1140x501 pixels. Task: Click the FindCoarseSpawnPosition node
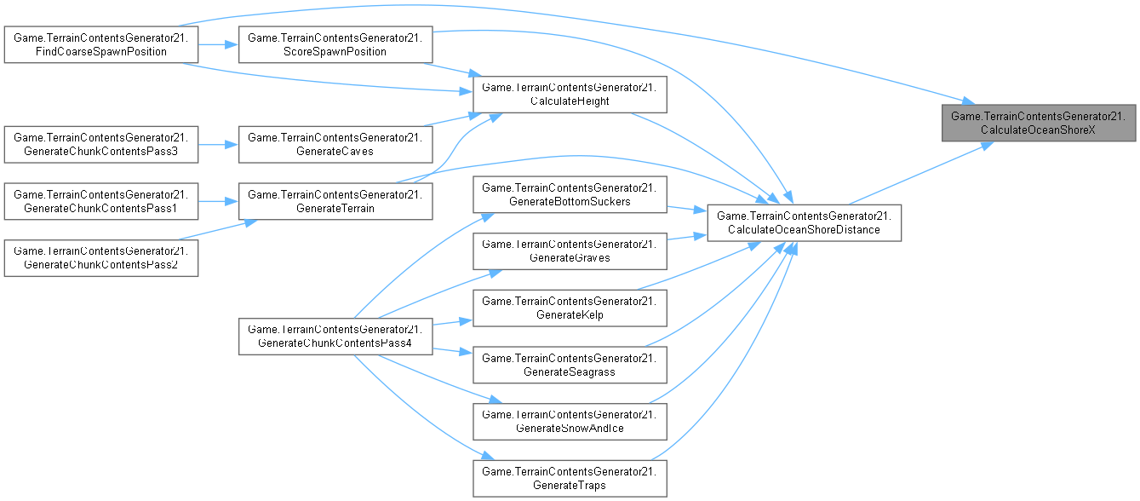[x=101, y=44]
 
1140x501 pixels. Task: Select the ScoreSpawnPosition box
[x=335, y=44]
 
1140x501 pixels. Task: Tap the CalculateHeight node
[x=569, y=95]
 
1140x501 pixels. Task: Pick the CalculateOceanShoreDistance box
[x=804, y=223]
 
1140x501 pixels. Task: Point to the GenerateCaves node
[x=335, y=144]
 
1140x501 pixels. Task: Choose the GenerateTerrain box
[x=335, y=202]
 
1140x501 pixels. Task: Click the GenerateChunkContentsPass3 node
[x=101, y=144]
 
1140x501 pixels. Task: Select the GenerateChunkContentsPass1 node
[x=101, y=202]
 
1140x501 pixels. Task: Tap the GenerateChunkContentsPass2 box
[x=101, y=258]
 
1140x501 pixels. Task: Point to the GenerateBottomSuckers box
[x=569, y=195]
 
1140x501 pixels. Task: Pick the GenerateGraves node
[x=569, y=251]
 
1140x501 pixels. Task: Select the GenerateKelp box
[x=569, y=308]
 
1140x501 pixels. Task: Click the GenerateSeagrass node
[x=569, y=365]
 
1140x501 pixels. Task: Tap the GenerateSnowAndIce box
[x=569, y=421]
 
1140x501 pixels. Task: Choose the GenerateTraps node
[x=569, y=479]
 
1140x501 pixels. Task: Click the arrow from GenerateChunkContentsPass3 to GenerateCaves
[x=218, y=144]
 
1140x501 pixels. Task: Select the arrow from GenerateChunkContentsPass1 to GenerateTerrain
[x=218, y=202]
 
